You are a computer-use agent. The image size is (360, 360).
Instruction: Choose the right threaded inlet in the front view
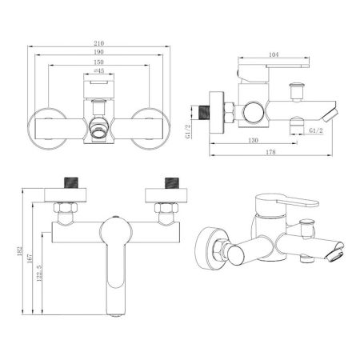point(169,182)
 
